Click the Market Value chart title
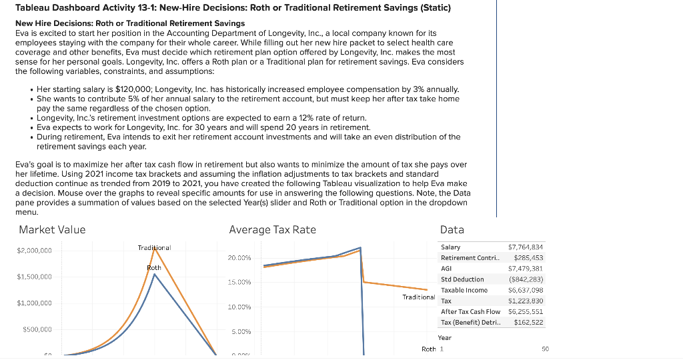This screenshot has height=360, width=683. [x=52, y=230]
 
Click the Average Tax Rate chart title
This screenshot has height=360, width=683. [x=272, y=230]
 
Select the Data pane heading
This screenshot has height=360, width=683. [x=452, y=230]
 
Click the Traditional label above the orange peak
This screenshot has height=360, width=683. [x=154, y=247]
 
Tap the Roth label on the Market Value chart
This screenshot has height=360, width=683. [x=153, y=267]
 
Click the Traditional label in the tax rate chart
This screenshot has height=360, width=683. [x=419, y=297]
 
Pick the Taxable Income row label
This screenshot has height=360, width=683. [x=464, y=290]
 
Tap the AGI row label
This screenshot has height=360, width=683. [x=447, y=269]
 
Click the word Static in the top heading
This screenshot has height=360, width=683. [x=434, y=8]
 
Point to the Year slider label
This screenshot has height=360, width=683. [x=445, y=338]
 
